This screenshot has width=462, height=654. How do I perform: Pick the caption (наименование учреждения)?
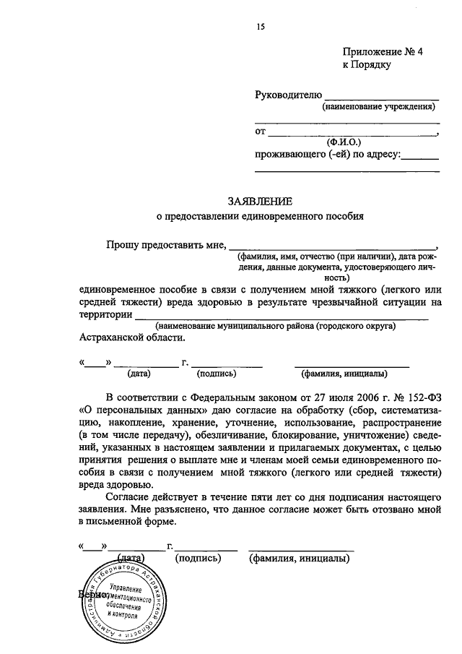tap(378, 107)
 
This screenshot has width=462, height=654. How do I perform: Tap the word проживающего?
tap(289, 154)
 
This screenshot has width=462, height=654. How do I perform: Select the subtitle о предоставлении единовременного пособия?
tap(261, 215)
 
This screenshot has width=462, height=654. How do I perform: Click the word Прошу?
tap(122, 245)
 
